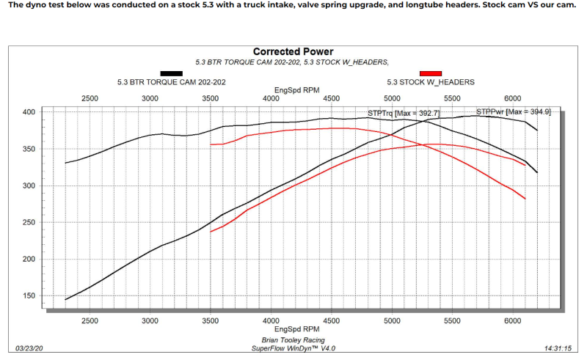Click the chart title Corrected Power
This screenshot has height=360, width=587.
[293, 52]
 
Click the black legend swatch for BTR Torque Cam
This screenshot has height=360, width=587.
[171, 73]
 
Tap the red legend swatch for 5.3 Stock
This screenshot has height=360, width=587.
[430, 73]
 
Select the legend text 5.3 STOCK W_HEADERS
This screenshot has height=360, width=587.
[430, 82]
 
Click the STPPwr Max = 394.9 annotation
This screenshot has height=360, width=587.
[513, 112]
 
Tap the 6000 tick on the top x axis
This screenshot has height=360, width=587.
[513, 98]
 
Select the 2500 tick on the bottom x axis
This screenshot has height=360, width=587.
[90, 320]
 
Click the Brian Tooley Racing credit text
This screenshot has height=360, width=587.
[293, 340]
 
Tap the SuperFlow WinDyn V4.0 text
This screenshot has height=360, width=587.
[293, 348]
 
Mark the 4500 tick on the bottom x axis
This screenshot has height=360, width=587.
[331, 320]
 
